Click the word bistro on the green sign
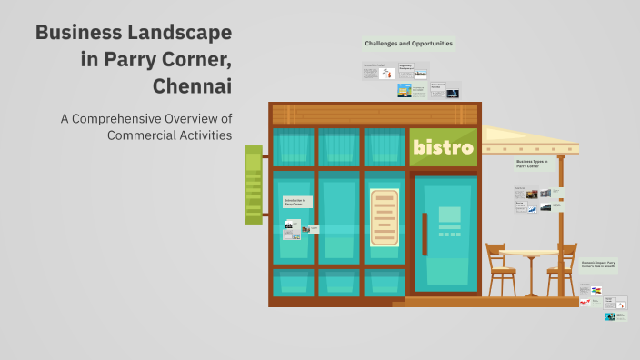pyautogui.click(x=443, y=146)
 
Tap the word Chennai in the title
pyautogui.click(x=193, y=87)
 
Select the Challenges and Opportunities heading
pyautogui.click(x=408, y=43)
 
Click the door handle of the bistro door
pyautogui.click(x=424, y=234)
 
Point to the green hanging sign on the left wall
pyautogui.click(x=253, y=185)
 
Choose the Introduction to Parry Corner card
pyautogui.click(x=296, y=202)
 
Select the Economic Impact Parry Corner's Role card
pyautogui.click(x=599, y=265)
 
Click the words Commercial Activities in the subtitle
pyautogui.click(x=169, y=135)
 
